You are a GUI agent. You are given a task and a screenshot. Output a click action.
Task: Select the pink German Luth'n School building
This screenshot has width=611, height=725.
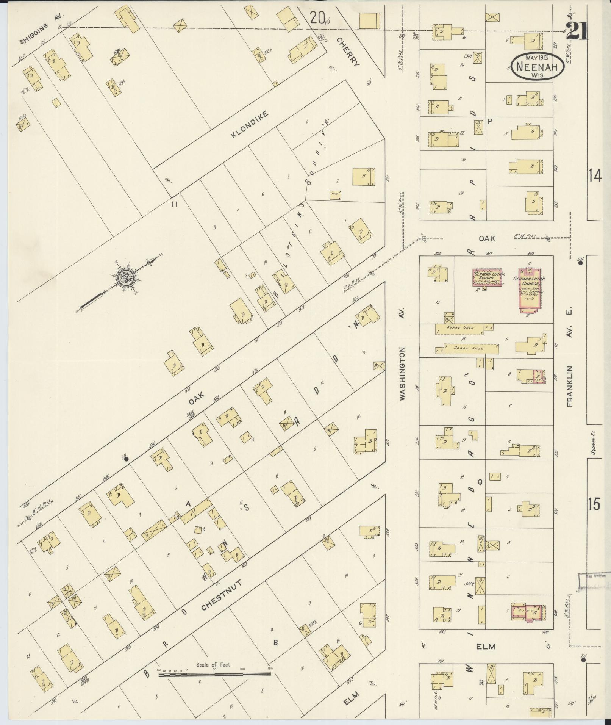[x=487, y=277]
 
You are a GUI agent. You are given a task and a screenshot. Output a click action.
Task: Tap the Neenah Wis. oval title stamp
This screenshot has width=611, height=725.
[x=537, y=66]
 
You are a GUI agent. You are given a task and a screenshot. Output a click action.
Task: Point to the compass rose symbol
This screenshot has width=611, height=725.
[x=124, y=278]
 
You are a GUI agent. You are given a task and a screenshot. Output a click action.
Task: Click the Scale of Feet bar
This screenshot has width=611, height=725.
[x=214, y=409]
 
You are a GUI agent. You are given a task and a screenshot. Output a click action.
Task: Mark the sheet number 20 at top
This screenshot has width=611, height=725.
[x=317, y=17]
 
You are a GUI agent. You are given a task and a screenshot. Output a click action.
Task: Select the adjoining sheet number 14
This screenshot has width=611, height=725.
[x=595, y=176]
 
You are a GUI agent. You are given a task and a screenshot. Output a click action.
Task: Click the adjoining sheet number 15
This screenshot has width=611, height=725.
[x=595, y=505]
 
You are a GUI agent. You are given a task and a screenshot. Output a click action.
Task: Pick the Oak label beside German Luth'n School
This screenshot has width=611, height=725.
[x=487, y=238]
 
